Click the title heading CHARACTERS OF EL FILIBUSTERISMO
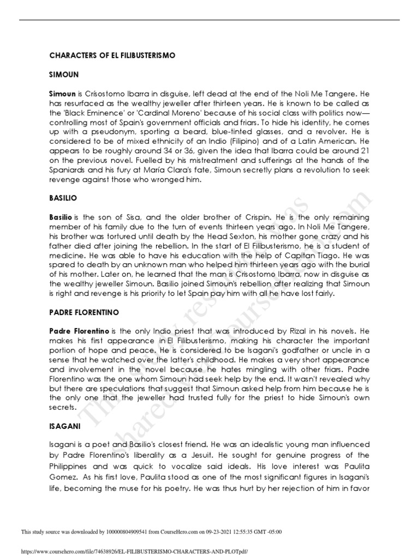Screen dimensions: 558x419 tap(112, 56)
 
